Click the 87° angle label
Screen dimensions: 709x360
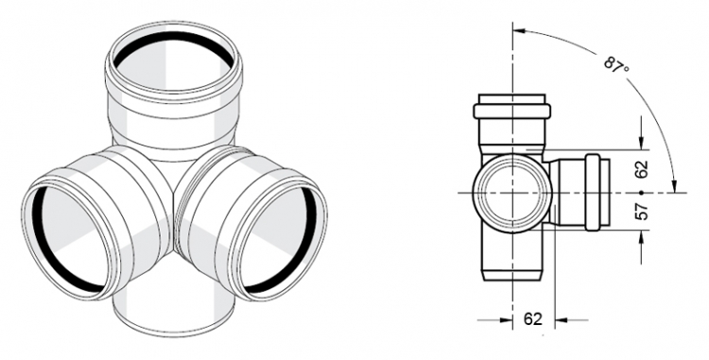pyautogui.click(x=616, y=64)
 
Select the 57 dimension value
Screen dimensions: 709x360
pyautogui.click(x=642, y=212)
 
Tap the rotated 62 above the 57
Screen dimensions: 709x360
pyautogui.click(x=642, y=169)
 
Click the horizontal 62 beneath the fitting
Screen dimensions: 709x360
pyautogui.click(x=532, y=318)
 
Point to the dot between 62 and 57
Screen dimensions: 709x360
pyautogui.click(x=641, y=193)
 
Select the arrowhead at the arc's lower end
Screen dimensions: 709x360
pyautogui.click(x=675, y=185)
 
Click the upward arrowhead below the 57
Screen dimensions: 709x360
pyautogui.click(x=642, y=237)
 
